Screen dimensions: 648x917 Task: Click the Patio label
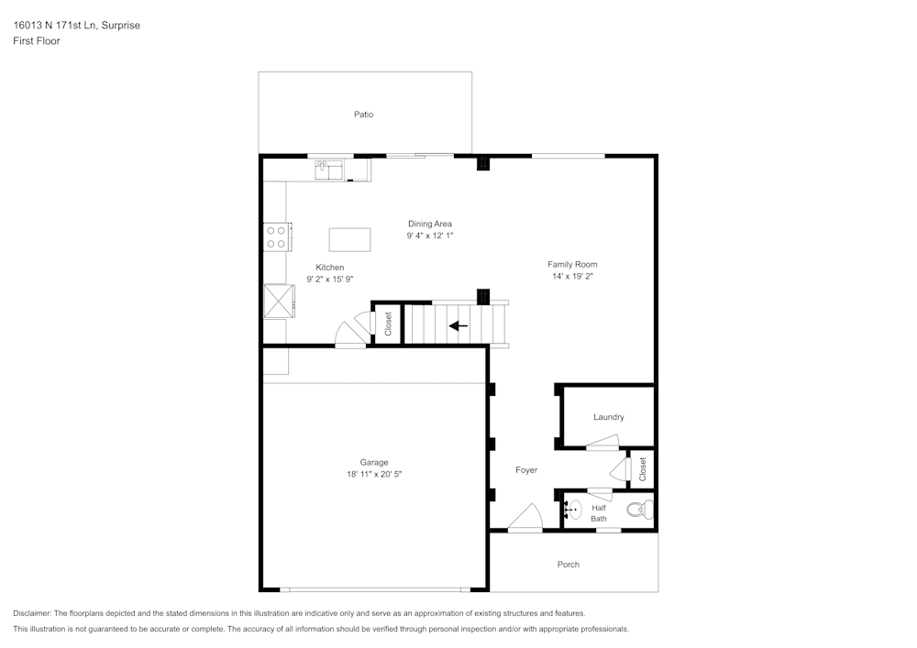pos(364,115)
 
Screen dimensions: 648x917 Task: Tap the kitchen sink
pos(328,170)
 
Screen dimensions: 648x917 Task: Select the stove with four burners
pos(276,237)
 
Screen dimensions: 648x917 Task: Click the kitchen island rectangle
pos(349,239)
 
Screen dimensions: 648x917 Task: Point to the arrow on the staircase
pos(458,324)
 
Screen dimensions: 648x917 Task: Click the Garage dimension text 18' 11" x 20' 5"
pos(374,475)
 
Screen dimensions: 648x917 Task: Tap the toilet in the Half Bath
pos(635,510)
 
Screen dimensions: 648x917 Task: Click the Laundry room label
pos(608,417)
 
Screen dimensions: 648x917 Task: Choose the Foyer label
pos(525,470)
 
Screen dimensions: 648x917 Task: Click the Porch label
pos(569,565)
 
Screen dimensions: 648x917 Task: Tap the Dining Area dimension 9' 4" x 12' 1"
pos(430,236)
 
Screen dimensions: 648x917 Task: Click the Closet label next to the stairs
pos(388,324)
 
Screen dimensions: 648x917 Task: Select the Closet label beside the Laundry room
pos(642,468)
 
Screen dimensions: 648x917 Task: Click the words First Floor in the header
pos(37,41)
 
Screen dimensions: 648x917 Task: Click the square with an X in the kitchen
pos(277,301)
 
